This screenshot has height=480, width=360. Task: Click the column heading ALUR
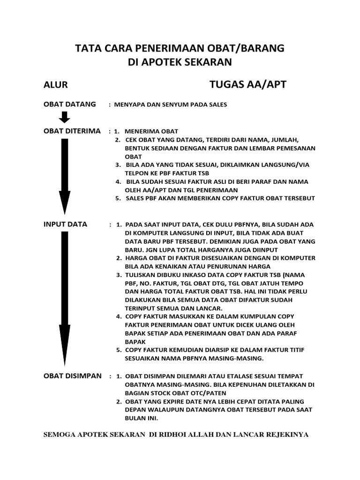56,85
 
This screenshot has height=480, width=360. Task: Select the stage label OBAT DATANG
69,104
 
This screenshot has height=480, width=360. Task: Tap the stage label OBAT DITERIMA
72,131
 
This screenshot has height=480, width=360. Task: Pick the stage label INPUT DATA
65,224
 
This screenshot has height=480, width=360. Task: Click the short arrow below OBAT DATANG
65,118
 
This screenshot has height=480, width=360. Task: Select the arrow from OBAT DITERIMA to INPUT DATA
65,176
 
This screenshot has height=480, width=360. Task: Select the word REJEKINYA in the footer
287,435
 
